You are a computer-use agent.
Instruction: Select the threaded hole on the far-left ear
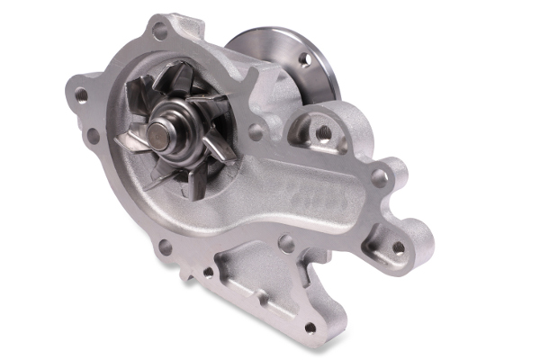[x=81, y=94]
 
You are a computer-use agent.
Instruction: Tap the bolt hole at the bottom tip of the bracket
[x=310, y=328]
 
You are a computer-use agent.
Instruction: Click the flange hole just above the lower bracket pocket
[x=287, y=243]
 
